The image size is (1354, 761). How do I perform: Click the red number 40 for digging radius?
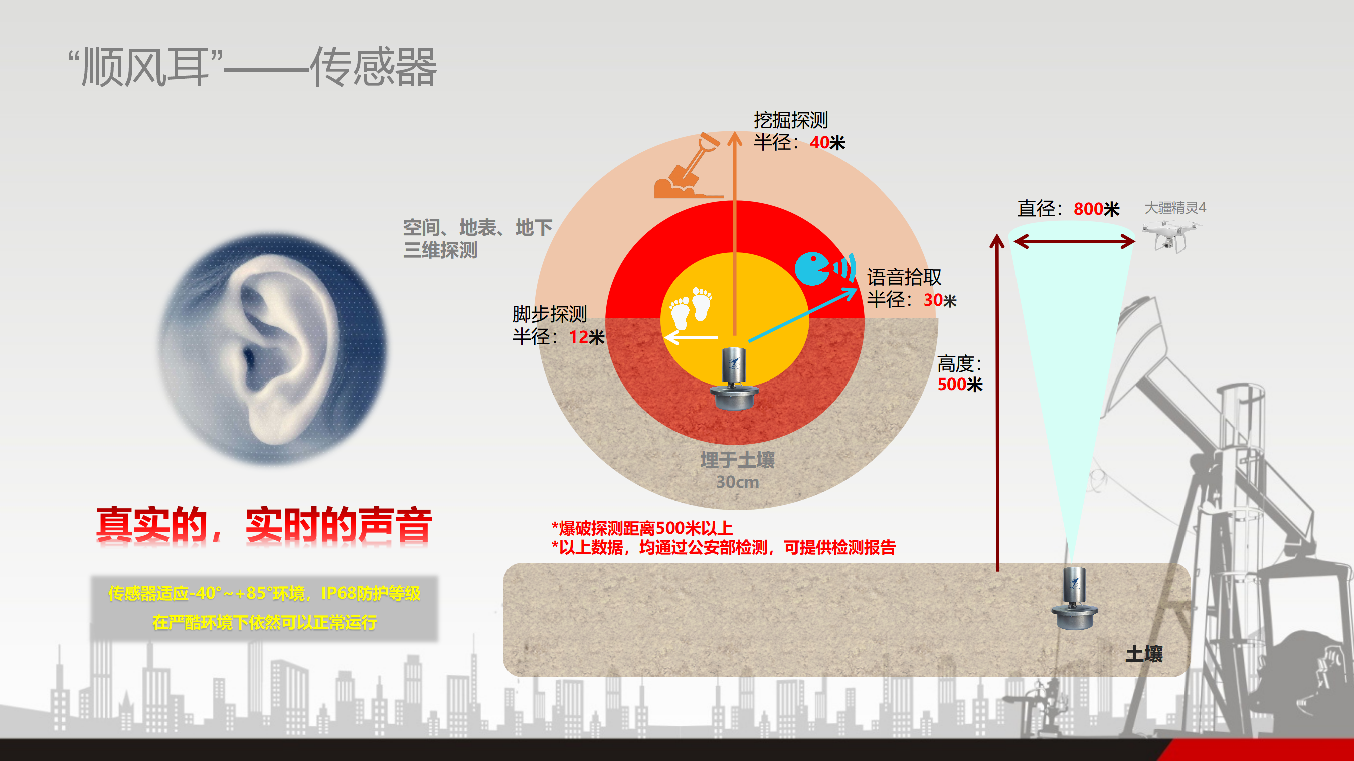pyautogui.click(x=819, y=142)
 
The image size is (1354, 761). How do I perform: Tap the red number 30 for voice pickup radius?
pyautogui.click(x=932, y=300)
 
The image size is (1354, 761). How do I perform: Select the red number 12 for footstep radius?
pyautogui.click(x=578, y=337)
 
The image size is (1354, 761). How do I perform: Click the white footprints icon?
pyautogui.click(x=690, y=307)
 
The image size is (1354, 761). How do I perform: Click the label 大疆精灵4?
pyautogui.click(x=1175, y=208)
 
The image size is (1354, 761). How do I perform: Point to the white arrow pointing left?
pyautogui.click(x=691, y=337)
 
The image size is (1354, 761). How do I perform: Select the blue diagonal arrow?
pyautogui.click(x=802, y=315)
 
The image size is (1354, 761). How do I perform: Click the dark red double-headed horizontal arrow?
pyautogui.click(x=1073, y=242)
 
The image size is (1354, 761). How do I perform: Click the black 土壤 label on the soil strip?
pyautogui.click(x=1143, y=654)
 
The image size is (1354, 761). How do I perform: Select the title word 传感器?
pyautogui.click(x=373, y=67)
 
